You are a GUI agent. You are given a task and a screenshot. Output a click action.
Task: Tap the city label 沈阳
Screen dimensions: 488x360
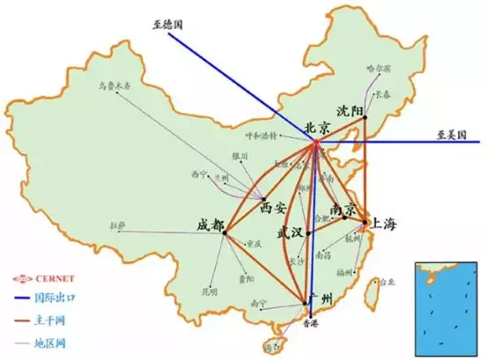(350, 110)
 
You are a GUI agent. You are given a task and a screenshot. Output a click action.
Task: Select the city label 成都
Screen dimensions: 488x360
(211, 224)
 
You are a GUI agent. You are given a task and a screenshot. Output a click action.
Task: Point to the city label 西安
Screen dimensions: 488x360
(274, 209)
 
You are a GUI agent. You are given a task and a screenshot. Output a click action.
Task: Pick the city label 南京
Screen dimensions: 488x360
(343, 208)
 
